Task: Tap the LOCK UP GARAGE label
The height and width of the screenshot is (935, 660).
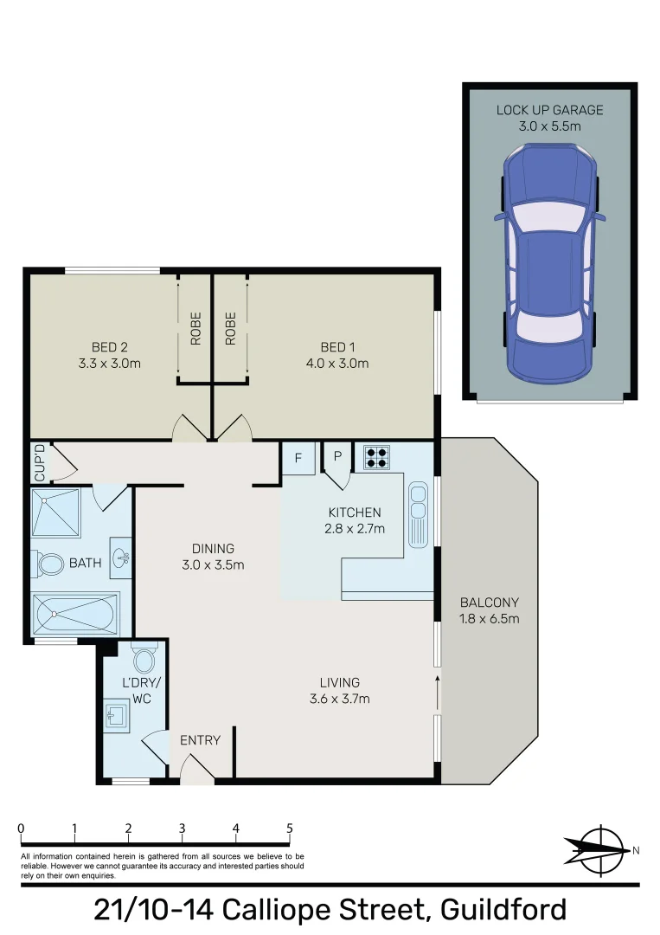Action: [549, 110]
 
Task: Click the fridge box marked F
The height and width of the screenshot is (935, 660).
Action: [298, 459]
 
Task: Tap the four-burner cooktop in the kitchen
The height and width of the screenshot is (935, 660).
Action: [376, 456]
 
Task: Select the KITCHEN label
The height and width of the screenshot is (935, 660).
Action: [355, 513]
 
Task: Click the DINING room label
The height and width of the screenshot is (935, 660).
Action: [213, 549]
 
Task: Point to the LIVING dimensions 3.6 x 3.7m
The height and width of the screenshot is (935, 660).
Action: [338, 699]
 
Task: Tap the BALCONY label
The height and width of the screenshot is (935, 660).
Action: [490, 603]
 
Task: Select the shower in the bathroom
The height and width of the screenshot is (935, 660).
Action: [57, 513]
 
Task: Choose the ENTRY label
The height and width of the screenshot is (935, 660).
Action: [200, 740]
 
